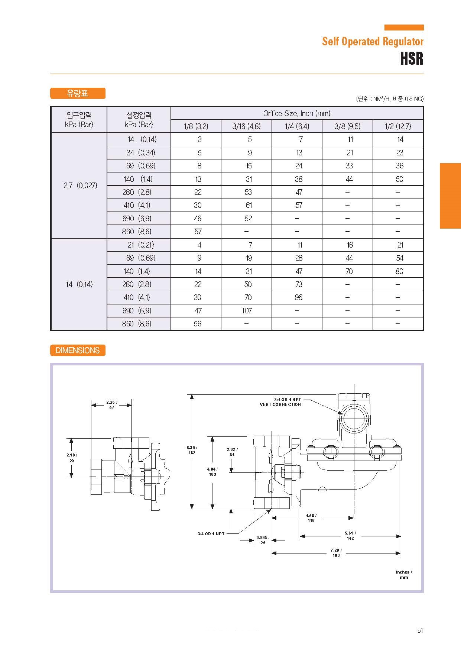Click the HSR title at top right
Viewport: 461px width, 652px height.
[412, 58]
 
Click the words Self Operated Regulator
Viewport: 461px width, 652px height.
[373, 41]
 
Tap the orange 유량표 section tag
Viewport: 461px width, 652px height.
[78, 93]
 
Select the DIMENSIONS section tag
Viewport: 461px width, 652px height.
[78, 350]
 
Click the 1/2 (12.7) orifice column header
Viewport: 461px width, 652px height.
[398, 126]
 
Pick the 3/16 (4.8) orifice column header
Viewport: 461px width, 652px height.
[246, 126]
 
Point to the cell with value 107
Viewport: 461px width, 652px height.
[247, 310]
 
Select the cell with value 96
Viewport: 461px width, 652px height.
[298, 297]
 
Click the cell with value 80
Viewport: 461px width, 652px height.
[399, 271]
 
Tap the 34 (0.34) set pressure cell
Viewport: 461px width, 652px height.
[140, 152]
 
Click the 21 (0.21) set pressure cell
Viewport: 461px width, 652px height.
[140, 245]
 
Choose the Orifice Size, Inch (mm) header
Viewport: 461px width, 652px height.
[296, 113]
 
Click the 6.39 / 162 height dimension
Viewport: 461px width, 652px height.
[192, 450]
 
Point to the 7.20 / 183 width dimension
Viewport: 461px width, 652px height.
[336, 552]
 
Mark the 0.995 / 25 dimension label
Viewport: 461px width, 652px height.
[263, 540]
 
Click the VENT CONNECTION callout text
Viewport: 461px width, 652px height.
[280, 404]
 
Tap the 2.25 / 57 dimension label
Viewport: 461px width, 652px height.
[111, 405]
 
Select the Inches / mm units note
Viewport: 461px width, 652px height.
[403, 575]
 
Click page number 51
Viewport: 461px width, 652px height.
[420, 630]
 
